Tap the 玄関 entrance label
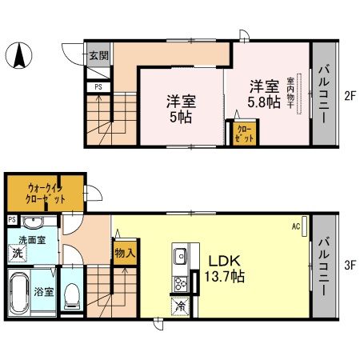coord(99,56)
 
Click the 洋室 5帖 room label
coord(182,109)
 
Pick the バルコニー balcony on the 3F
coord(324,267)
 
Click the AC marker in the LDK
coord(295,226)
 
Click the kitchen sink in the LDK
coord(178,257)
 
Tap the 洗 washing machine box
coord(17,254)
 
